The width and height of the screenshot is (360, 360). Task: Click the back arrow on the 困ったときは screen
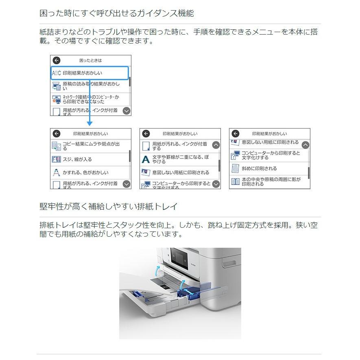57,60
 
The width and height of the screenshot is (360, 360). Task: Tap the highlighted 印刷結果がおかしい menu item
89,73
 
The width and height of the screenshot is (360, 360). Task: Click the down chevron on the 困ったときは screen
127,111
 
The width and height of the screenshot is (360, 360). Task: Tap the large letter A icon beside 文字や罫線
146,159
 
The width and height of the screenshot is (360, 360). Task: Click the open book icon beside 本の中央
235,181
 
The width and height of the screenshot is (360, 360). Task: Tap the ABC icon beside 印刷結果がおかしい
56,73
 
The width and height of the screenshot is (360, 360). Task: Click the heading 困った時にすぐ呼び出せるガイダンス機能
117,13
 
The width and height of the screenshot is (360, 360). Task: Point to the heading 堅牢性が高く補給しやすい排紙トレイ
109,207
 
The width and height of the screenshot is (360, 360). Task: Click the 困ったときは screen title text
90,60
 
